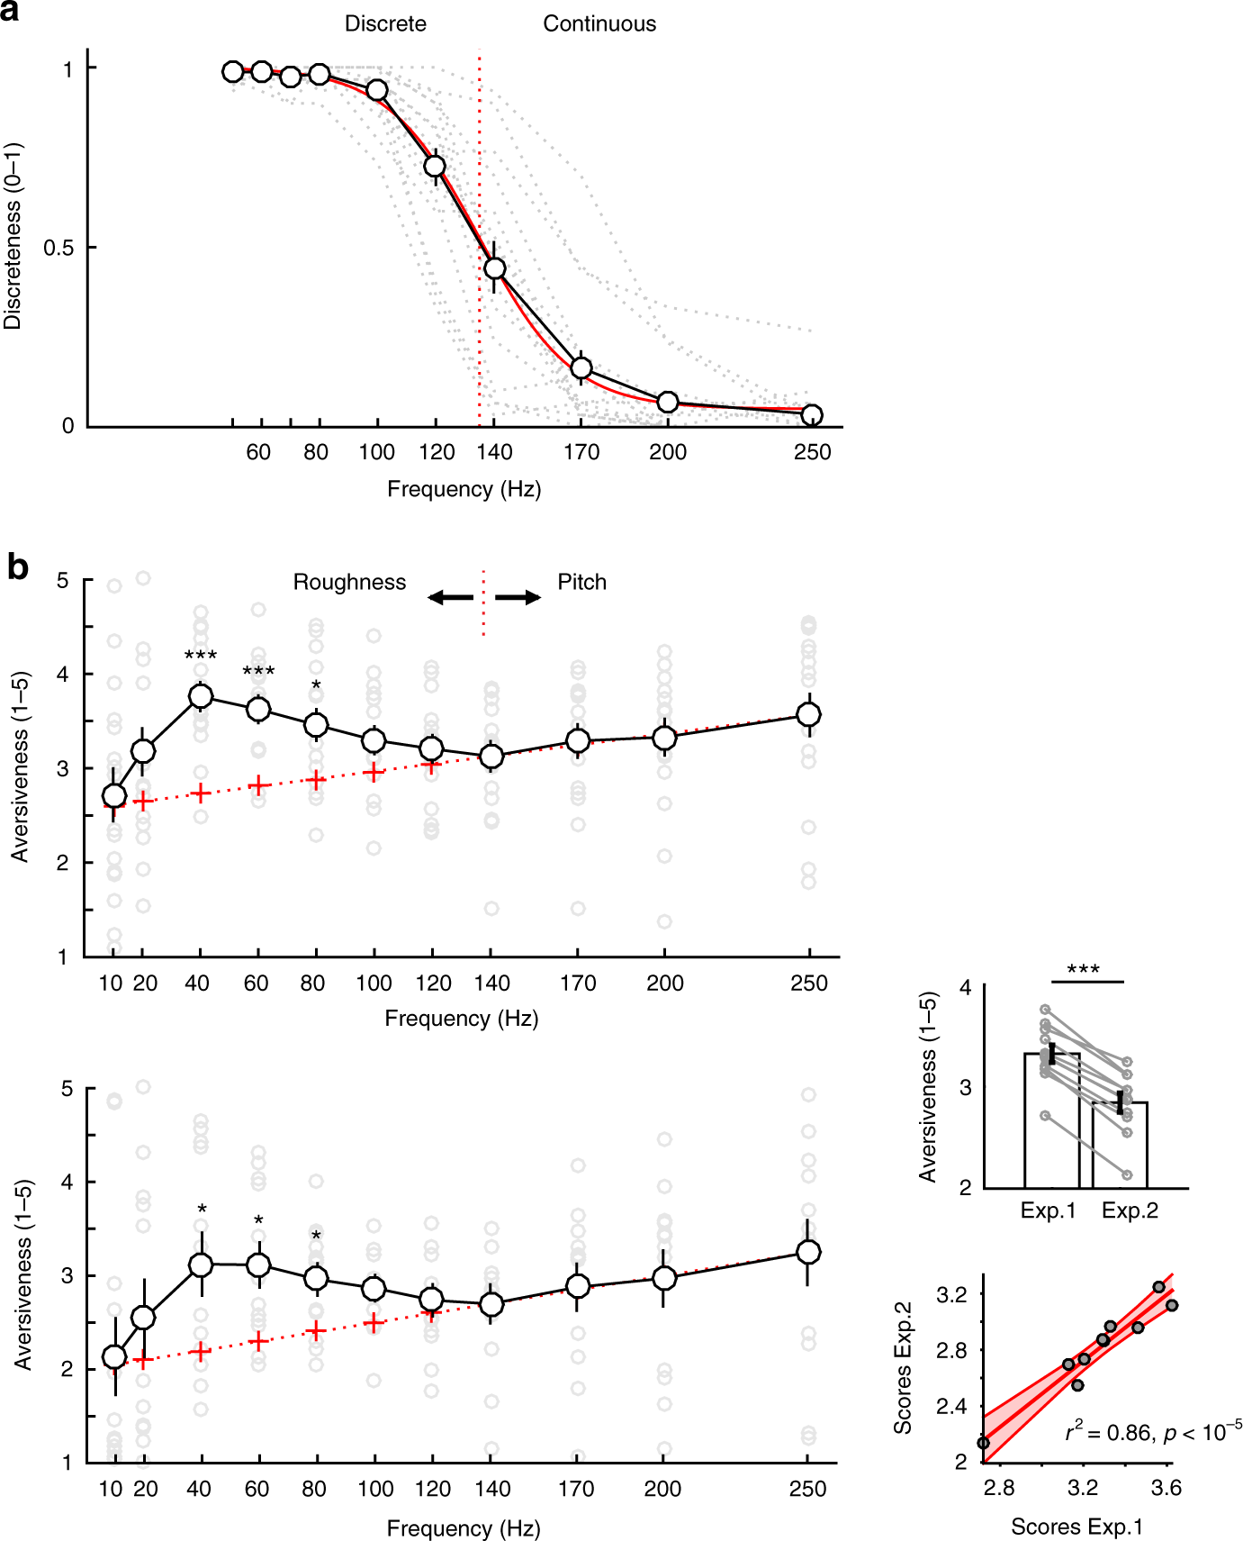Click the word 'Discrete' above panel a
[x=385, y=24]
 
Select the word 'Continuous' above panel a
[x=599, y=24]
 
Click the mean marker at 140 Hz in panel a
[x=494, y=268]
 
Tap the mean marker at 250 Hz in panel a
[x=811, y=415]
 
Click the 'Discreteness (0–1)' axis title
[x=13, y=236]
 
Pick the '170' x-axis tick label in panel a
[x=581, y=452]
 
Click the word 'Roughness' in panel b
[x=349, y=583]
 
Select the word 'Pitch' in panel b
[x=581, y=583]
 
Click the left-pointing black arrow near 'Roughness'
[x=450, y=597]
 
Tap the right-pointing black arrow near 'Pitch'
[x=518, y=597]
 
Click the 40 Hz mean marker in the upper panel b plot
[x=201, y=696]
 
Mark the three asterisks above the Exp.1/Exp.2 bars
[x=1083, y=970]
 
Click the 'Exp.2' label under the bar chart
[x=1130, y=1210]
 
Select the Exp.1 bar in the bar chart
[x=1051, y=1121]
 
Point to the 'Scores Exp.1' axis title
[x=1076, y=1527]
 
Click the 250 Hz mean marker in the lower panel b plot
[x=808, y=1252]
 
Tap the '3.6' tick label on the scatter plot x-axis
[x=1166, y=1488]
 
